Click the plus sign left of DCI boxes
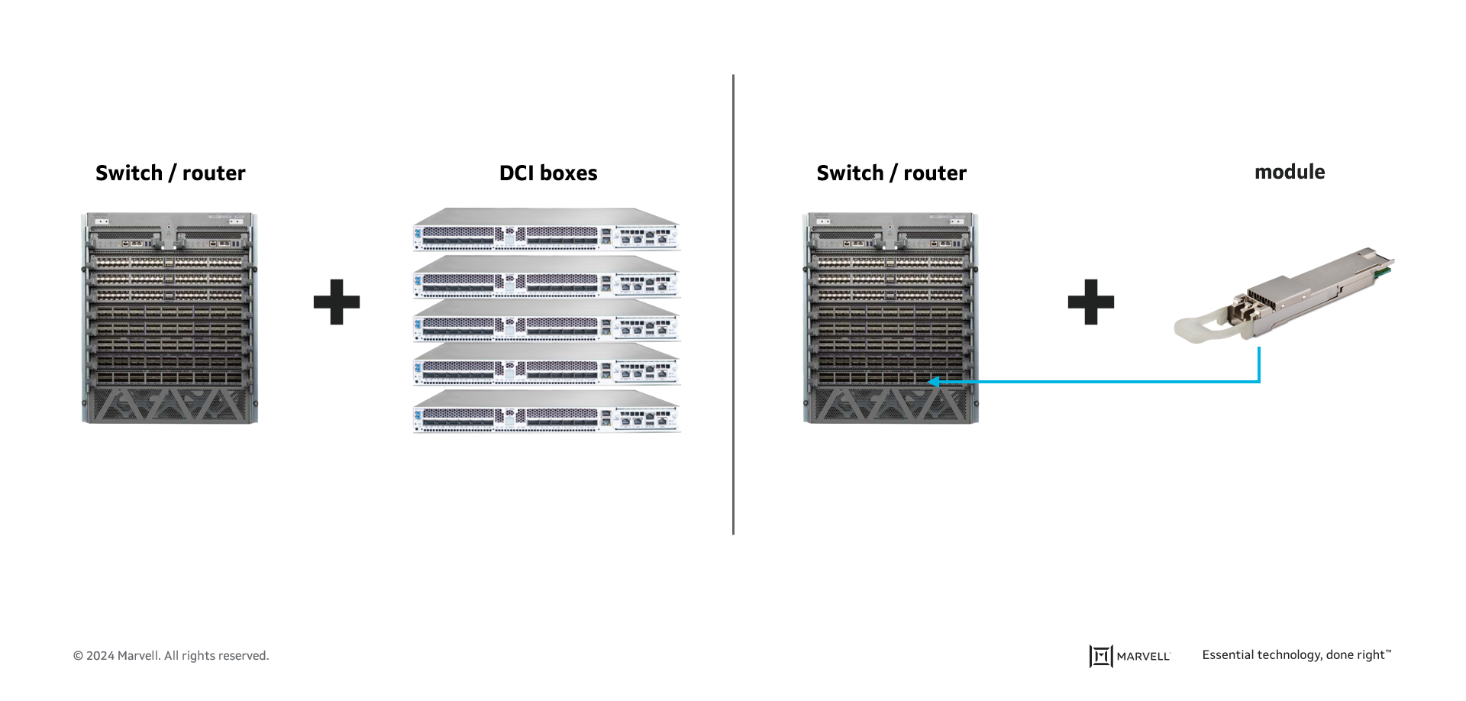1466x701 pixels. pos(337,302)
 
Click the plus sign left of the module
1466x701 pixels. pos(1090,302)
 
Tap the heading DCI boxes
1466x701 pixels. pos(548,173)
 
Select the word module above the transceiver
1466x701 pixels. pos(1290,172)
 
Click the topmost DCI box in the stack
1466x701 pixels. pos(547,230)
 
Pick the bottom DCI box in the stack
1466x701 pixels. pos(547,412)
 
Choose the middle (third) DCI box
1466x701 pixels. pos(547,321)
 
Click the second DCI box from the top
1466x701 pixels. pos(547,276)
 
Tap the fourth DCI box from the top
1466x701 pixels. pos(547,364)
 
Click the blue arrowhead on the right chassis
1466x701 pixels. pos(933,381)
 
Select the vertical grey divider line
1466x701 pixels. pos(733,305)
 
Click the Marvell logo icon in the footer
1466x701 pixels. pos(1100,656)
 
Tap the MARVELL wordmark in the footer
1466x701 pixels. pos(1143,657)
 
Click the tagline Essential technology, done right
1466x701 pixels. pos(1296,655)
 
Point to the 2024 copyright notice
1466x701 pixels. pos(171,656)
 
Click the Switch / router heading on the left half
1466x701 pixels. pos(170,173)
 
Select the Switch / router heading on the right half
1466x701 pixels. pos(891,173)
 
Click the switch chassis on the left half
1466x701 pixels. pos(170,318)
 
